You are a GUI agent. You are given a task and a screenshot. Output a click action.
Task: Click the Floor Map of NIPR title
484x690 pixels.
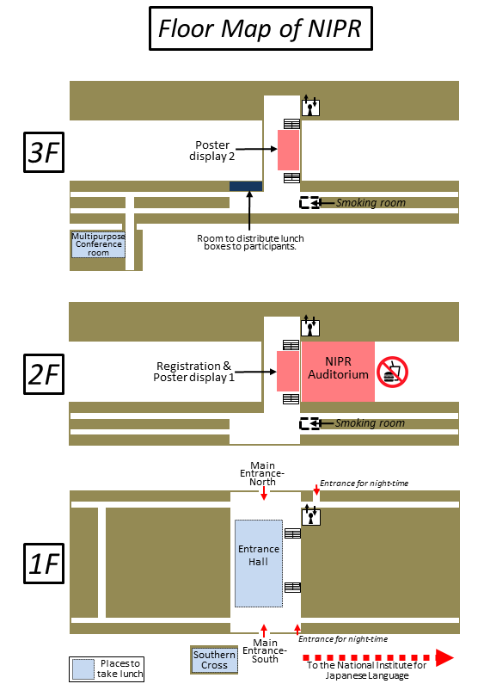click(x=260, y=28)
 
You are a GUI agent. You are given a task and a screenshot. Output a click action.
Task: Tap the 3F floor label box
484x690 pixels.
click(x=44, y=152)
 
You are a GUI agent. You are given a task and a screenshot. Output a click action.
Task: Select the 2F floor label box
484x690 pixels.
click(x=44, y=374)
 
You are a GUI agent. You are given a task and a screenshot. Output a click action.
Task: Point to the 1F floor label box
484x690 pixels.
click(x=44, y=564)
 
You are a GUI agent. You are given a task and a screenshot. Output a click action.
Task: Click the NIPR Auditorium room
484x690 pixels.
click(x=338, y=372)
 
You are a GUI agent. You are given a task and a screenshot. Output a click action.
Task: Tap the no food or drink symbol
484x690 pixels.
click(x=392, y=372)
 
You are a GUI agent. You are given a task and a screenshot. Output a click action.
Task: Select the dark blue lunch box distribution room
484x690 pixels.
click(x=246, y=186)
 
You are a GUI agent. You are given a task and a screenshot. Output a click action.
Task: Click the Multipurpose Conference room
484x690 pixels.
click(x=99, y=244)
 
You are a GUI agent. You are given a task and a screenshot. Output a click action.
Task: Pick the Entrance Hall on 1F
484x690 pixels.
click(x=259, y=564)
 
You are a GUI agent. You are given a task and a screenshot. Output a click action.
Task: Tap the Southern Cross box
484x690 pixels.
click(x=215, y=660)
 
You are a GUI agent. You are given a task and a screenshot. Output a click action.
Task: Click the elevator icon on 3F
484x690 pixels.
click(x=310, y=106)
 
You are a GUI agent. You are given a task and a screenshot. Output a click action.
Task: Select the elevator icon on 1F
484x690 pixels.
click(x=311, y=515)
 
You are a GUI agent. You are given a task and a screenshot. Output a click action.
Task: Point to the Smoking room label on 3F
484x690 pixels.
click(x=371, y=203)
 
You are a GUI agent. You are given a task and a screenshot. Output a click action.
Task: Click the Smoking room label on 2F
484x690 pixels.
click(x=370, y=423)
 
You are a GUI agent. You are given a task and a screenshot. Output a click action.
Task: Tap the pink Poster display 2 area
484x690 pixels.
click(x=288, y=150)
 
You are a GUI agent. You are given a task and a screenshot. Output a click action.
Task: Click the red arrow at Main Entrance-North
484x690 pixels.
click(x=264, y=493)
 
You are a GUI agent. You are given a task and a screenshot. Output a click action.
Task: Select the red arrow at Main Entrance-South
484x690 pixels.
click(x=264, y=631)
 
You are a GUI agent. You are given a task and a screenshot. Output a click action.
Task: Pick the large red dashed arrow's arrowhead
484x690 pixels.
click(x=444, y=658)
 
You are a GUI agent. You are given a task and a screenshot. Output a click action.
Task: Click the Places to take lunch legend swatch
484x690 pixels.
click(x=83, y=669)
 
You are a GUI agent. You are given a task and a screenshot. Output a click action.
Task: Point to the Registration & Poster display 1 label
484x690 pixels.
click(x=194, y=372)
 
